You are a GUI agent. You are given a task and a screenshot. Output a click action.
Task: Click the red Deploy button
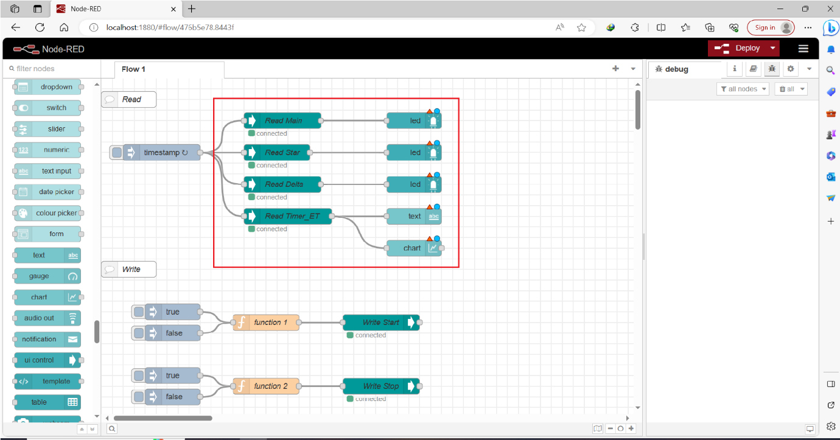pyautogui.click(x=738, y=48)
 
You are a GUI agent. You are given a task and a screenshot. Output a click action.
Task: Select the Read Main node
pyautogui.click(x=283, y=120)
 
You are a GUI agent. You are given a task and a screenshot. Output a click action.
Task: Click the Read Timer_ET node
pyautogui.click(x=292, y=216)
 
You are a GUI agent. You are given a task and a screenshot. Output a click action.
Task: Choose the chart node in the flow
pyautogui.click(x=412, y=248)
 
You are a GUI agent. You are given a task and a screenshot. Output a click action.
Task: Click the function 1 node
pyautogui.click(x=270, y=323)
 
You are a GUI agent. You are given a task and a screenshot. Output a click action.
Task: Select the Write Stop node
pyautogui.click(x=380, y=386)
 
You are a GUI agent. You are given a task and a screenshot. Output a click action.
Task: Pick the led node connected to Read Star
pyautogui.click(x=414, y=153)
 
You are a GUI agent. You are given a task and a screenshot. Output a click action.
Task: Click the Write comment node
pyautogui.click(x=130, y=269)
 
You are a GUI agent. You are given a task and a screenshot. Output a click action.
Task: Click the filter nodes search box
pyautogui.click(x=52, y=69)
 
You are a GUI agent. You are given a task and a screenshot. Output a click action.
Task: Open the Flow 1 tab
pyautogui.click(x=134, y=69)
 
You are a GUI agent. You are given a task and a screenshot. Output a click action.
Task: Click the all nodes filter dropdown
pyautogui.click(x=743, y=89)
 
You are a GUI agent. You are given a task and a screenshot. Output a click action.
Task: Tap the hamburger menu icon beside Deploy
pyautogui.click(x=803, y=48)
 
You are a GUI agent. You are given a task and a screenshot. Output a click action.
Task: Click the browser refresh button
pyautogui.click(x=40, y=27)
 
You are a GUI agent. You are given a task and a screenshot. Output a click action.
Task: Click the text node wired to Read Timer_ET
pyautogui.click(x=414, y=216)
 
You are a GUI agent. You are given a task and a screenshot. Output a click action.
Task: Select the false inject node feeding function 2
pyautogui.click(x=173, y=397)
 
